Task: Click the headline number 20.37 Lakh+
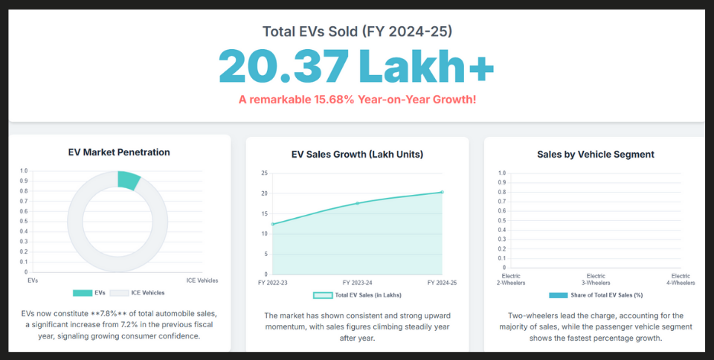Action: click(356, 67)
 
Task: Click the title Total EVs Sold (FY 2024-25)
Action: click(357, 31)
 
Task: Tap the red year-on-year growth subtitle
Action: click(357, 99)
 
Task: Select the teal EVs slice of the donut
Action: click(128, 180)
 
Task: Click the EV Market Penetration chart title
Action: click(119, 152)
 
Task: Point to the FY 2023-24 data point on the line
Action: click(357, 203)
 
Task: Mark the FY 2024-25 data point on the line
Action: click(442, 192)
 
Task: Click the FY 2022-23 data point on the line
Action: click(273, 224)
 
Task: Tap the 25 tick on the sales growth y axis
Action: click(264, 173)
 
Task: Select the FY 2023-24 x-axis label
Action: click(357, 283)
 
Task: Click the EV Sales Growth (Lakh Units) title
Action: click(357, 155)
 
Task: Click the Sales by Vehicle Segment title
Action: click(595, 155)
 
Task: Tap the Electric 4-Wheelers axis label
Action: click(679, 279)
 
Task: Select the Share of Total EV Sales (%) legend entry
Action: click(595, 295)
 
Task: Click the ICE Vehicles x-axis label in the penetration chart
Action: click(202, 280)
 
